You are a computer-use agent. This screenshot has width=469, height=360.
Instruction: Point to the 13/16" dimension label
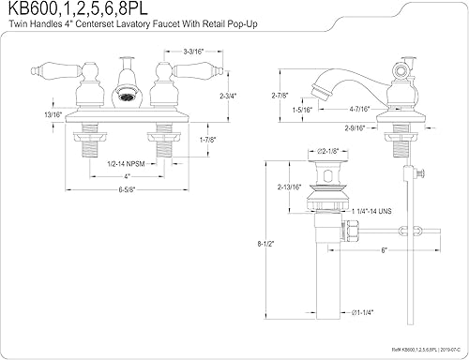tap(20, 114)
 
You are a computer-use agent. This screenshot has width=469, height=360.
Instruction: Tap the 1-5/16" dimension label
tap(302, 110)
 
